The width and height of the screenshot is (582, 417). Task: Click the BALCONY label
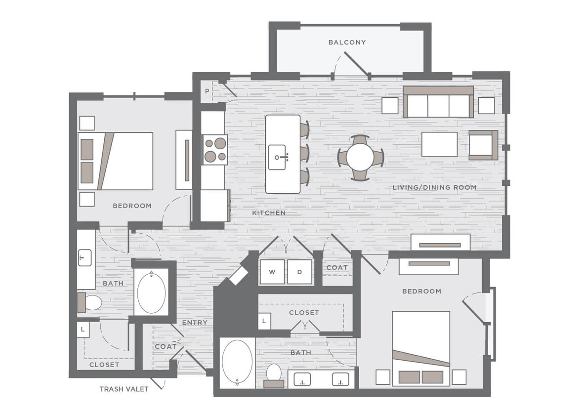[347, 42]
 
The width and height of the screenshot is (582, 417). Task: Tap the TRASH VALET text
[124, 389]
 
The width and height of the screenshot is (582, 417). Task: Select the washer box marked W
[272, 272]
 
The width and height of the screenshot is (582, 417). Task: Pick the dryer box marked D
[300, 272]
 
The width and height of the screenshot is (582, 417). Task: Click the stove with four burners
[215, 150]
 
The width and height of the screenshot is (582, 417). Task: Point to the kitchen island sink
[278, 157]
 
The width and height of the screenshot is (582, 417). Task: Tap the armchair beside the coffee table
[483, 145]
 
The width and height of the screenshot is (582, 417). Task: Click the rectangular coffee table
[439, 144]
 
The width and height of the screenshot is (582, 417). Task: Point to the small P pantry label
[208, 91]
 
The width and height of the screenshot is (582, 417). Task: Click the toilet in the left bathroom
[90, 303]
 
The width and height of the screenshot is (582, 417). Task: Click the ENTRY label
[195, 323]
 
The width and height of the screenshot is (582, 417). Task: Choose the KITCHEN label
[269, 213]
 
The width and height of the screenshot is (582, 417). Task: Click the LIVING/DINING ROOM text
[434, 187]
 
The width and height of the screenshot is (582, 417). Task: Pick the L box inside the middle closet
[264, 321]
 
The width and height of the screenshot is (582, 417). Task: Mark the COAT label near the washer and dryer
[337, 267]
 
